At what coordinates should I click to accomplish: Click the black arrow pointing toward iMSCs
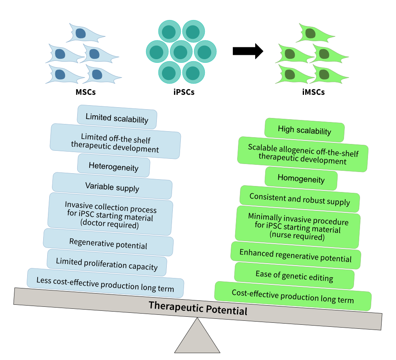click(248, 51)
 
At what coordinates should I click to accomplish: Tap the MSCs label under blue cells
click(86, 92)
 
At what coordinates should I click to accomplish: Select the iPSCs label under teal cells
click(184, 92)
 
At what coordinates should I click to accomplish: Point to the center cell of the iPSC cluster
click(181, 52)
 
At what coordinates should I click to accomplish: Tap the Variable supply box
click(112, 187)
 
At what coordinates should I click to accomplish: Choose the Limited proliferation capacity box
click(107, 264)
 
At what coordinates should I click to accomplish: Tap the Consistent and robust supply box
click(300, 199)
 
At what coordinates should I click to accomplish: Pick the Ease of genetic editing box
click(294, 276)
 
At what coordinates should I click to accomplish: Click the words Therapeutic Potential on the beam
click(198, 308)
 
